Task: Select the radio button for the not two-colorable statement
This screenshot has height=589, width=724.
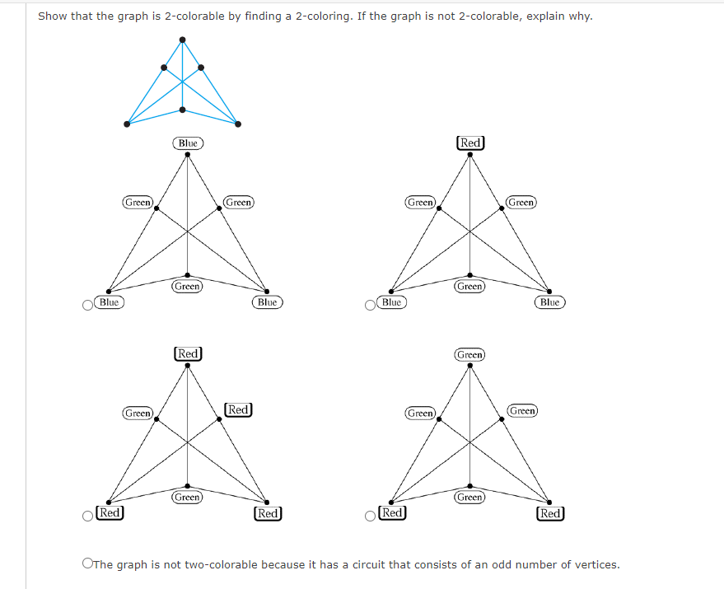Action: pyautogui.click(x=86, y=565)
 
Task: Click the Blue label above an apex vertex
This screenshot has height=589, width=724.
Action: pyautogui.click(x=188, y=143)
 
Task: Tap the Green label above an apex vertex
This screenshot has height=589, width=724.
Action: pyautogui.click(x=469, y=354)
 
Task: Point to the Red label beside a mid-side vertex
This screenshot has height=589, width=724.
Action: pyautogui.click(x=238, y=409)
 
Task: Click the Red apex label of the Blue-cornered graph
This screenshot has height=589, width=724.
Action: pyautogui.click(x=470, y=143)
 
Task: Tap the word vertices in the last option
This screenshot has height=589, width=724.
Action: pyautogui.click(x=595, y=565)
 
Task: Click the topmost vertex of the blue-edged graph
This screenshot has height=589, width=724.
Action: pyautogui.click(x=182, y=39)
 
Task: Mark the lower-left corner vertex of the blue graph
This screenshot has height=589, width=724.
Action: pyautogui.click(x=127, y=124)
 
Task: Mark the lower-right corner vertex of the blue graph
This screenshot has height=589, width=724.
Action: pyautogui.click(x=238, y=124)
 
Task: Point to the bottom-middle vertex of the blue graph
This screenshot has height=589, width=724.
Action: pyautogui.click(x=182, y=110)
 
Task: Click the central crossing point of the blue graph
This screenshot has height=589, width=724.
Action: pyautogui.click(x=182, y=82)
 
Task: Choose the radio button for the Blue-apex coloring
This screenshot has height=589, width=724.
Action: pyautogui.click(x=87, y=306)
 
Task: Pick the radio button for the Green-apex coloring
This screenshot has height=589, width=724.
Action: pyautogui.click(x=371, y=517)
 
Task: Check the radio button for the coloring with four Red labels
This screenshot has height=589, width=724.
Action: pyautogui.click(x=87, y=517)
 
